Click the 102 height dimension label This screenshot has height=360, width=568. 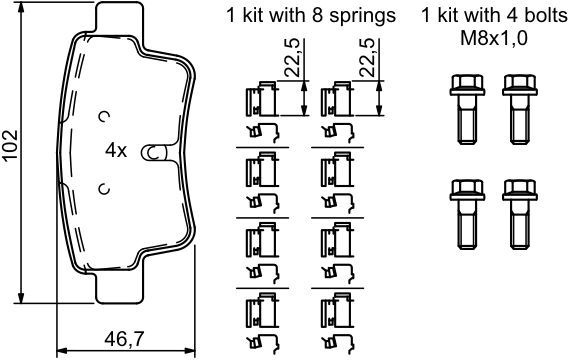pos(10,145)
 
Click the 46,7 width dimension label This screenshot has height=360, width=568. pos(124,339)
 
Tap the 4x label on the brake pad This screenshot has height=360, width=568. pos(116,151)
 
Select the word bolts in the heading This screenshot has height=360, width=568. pos(543,16)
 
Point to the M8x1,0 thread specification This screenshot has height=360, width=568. pos(494,38)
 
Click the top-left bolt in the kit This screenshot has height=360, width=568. pos(467,109)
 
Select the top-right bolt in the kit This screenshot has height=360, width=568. pos(520,109)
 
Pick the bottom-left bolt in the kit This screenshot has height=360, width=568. pos(467,214)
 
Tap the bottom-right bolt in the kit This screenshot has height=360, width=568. pos(520,214)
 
